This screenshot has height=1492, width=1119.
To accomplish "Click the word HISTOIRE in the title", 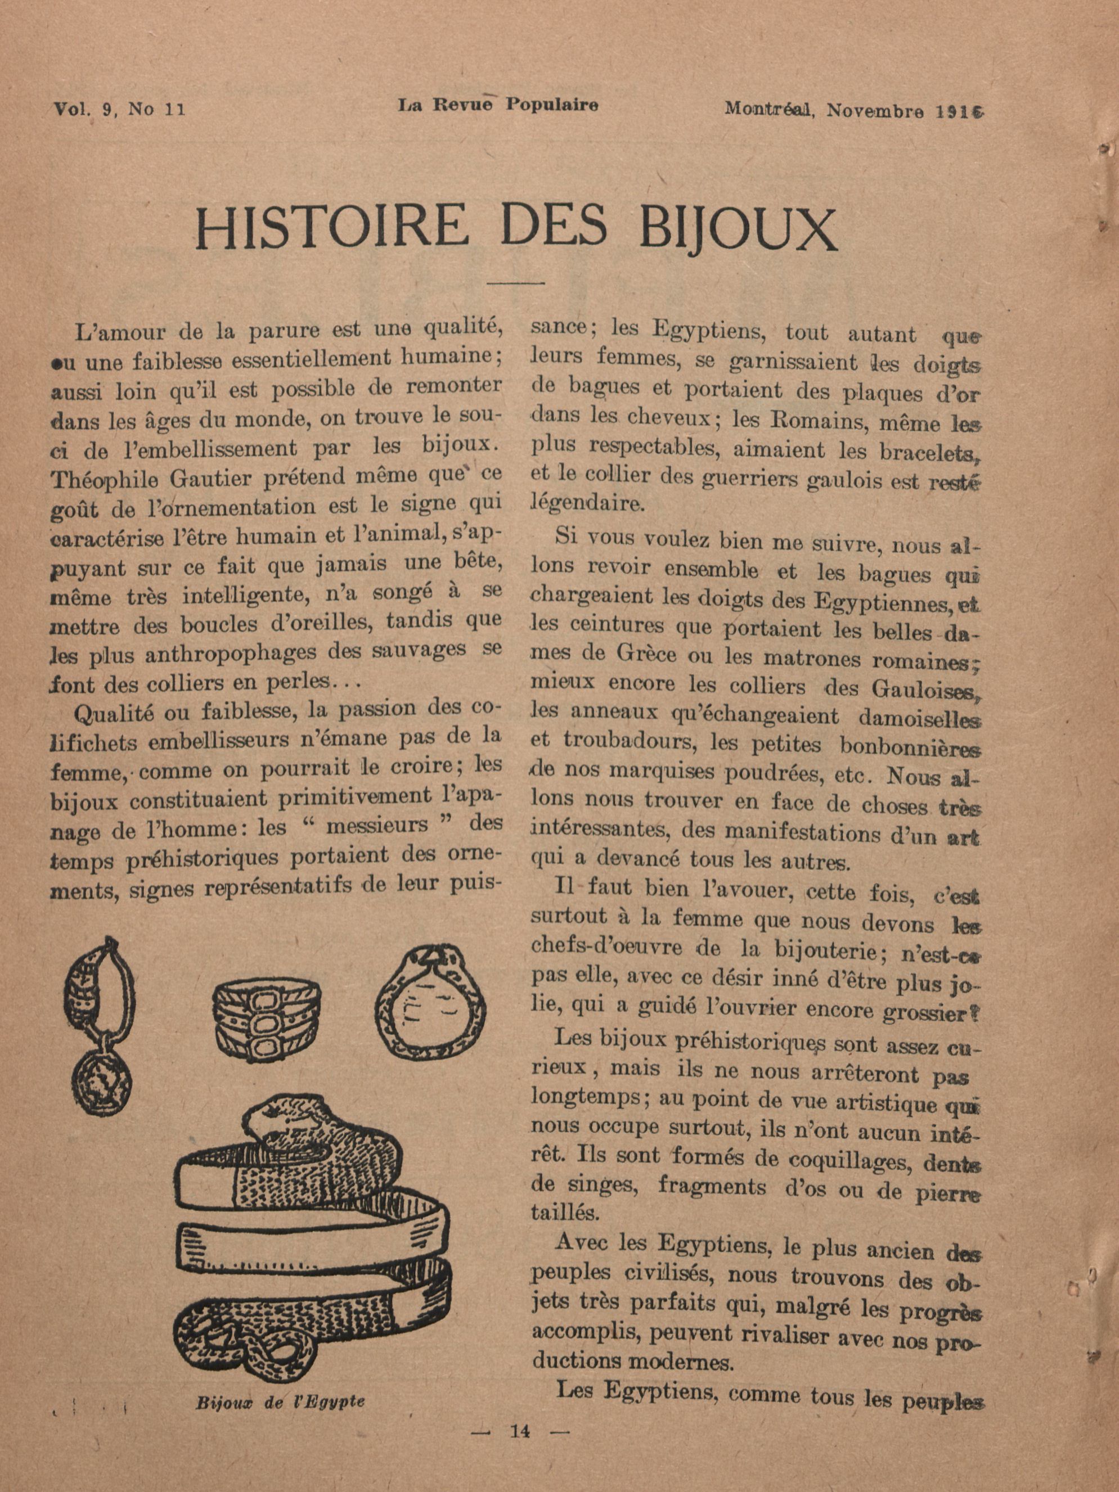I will click(331, 226).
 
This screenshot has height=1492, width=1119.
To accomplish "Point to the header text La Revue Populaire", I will click(497, 105).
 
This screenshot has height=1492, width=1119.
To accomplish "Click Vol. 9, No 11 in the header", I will click(119, 109).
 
